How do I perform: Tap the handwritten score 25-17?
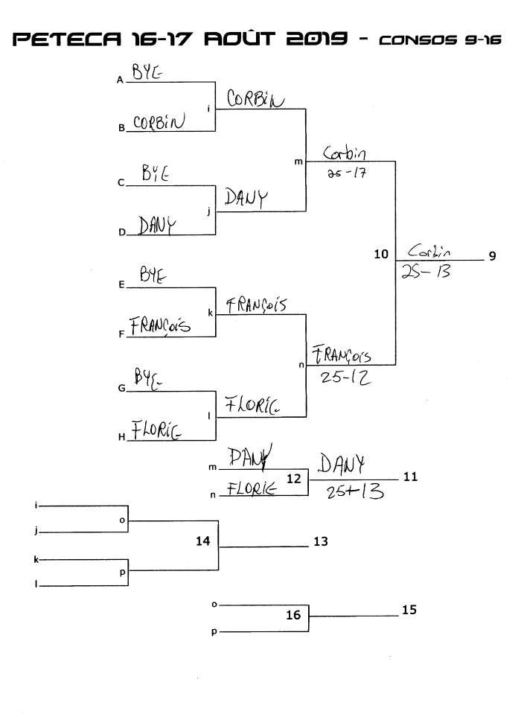pyautogui.click(x=345, y=173)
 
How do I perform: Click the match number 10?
pyautogui.click(x=381, y=255)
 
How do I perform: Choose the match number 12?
pyautogui.click(x=294, y=479)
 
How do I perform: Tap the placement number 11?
pyautogui.click(x=410, y=477)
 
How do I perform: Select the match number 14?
pyautogui.click(x=203, y=541)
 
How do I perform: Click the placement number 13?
pyautogui.click(x=321, y=542)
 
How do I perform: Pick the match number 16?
pyautogui.click(x=294, y=615)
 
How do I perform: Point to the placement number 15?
pyautogui.click(x=409, y=610)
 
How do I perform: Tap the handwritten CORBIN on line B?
pyautogui.click(x=158, y=123)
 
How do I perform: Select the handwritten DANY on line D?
pyautogui.click(x=157, y=224)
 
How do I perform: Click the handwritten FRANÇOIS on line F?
pyautogui.click(x=159, y=326)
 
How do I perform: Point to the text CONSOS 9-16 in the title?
pyautogui.click(x=438, y=40)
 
